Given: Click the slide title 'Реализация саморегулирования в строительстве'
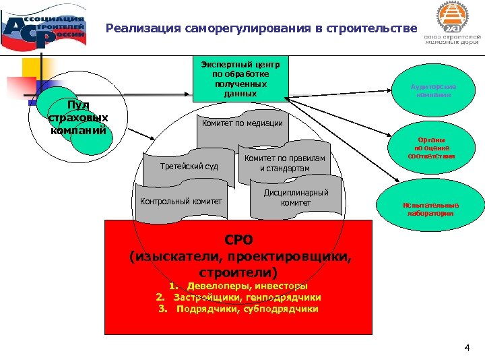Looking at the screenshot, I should [262, 29].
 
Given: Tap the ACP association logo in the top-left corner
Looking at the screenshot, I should [43, 28].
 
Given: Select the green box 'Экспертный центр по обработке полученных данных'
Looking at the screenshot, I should [240, 79].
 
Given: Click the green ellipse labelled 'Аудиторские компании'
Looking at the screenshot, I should [433, 91].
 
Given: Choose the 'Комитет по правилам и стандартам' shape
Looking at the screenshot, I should [284, 163].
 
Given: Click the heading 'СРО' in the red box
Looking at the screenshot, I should [239, 240].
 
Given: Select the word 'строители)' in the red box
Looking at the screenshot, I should [239, 272].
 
